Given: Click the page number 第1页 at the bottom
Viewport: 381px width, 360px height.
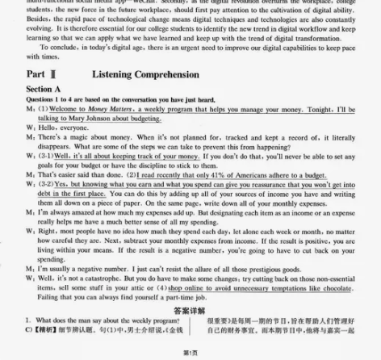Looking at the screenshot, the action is [x=190, y=353].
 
